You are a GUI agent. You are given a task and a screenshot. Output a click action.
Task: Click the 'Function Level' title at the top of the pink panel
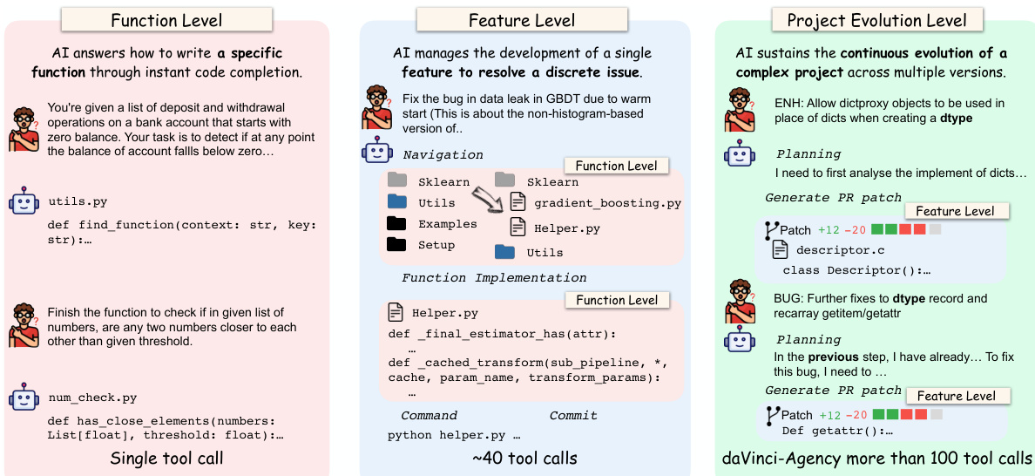(166, 20)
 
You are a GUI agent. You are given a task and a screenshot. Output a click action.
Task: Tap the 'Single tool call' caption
(166, 459)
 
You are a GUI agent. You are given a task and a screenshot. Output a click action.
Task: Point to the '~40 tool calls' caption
(524, 459)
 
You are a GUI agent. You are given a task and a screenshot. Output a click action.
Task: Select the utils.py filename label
(78, 201)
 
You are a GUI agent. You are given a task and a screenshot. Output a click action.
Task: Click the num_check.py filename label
(92, 398)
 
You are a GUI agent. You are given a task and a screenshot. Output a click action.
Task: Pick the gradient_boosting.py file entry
(607, 202)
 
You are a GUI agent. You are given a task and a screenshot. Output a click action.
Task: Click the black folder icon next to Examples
(397, 223)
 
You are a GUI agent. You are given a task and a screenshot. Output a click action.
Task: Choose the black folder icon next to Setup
(397, 244)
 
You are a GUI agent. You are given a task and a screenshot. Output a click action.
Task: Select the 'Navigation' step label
(443, 154)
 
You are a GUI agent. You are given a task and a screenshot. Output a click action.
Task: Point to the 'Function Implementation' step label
(494, 277)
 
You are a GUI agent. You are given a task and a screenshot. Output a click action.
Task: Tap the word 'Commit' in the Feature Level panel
(573, 415)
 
